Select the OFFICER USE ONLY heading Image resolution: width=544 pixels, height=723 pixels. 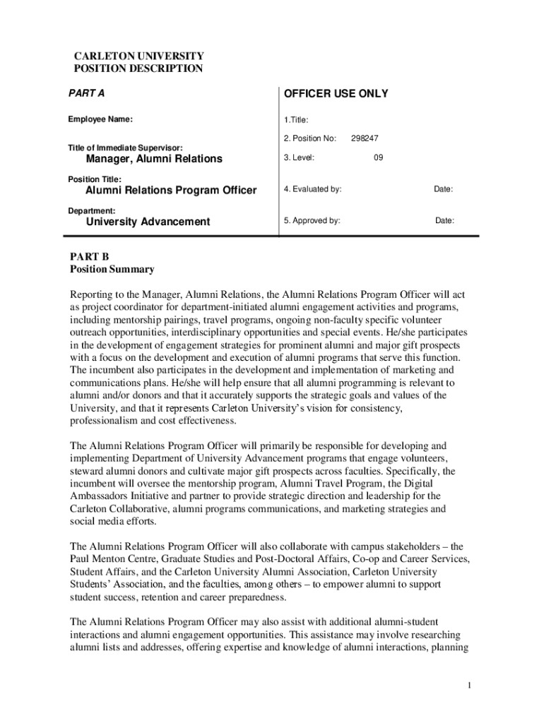[x=336, y=94]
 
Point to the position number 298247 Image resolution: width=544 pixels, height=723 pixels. [x=365, y=139]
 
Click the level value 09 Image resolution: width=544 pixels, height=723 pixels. [x=379, y=158]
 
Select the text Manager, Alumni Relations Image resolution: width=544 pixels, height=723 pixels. [x=154, y=159]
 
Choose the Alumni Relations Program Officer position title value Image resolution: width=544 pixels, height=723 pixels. [x=171, y=191]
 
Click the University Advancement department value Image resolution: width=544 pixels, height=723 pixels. [x=148, y=222]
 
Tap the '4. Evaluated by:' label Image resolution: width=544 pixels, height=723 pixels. [x=313, y=189]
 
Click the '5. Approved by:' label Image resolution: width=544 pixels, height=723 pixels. [x=312, y=220]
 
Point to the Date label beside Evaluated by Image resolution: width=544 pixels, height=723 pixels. [x=443, y=189]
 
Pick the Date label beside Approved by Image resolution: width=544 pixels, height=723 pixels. [x=444, y=220]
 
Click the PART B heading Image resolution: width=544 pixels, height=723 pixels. [x=90, y=256]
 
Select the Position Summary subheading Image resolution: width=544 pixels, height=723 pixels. [x=112, y=269]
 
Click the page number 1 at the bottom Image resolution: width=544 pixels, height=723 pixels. [x=469, y=686]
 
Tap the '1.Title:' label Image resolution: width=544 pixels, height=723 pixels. [x=296, y=120]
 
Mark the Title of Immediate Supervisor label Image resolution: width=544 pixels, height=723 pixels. [x=125, y=148]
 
